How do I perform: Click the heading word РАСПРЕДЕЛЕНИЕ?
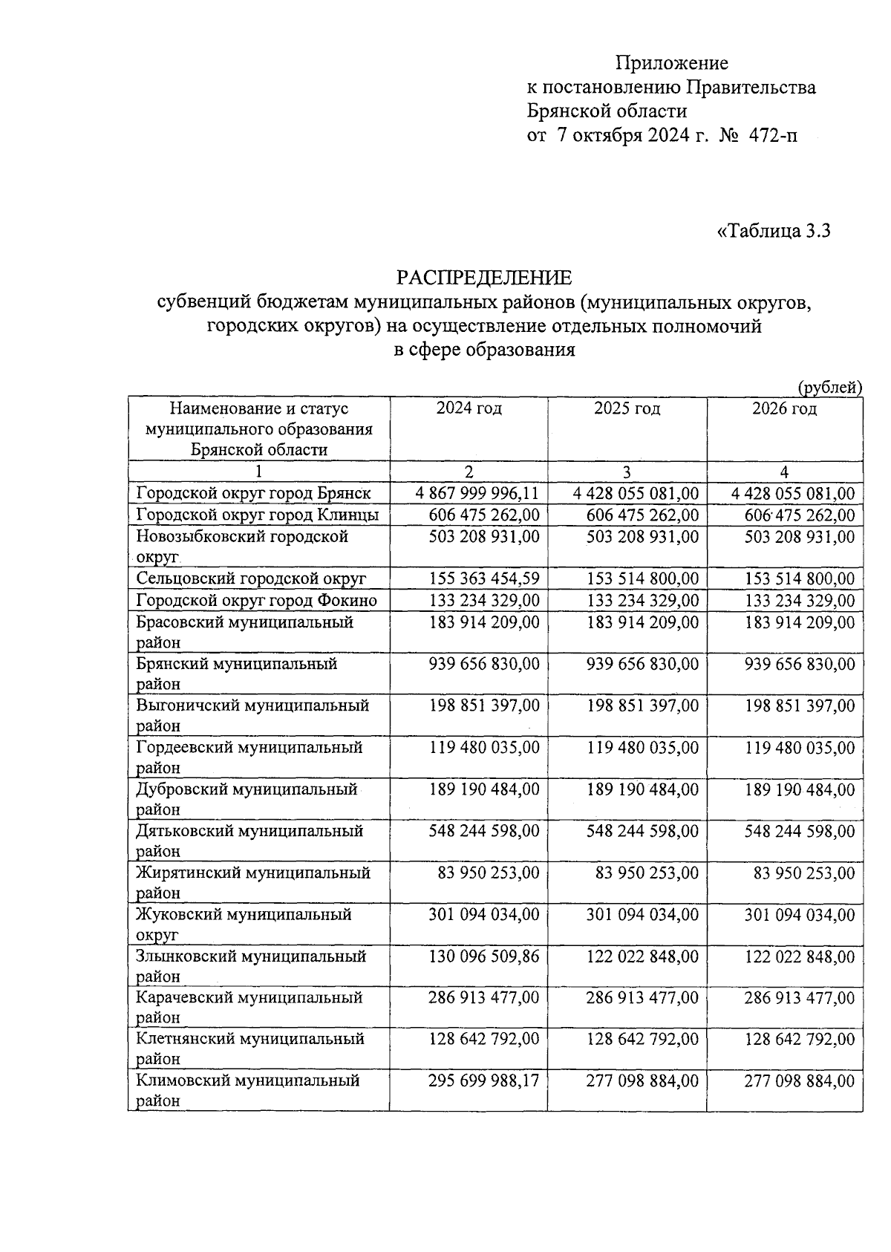tap(484, 278)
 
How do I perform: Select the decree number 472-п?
tap(773, 136)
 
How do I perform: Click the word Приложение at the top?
tap(672, 63)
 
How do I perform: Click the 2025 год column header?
tap(627, 409)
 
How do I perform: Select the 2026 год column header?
tap(784, 409)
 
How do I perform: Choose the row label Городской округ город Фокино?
tap(256, 601)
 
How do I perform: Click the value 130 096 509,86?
tap(484, 956)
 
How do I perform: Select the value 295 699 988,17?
tap(484, 1081)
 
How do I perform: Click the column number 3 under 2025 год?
tap(627, 472)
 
